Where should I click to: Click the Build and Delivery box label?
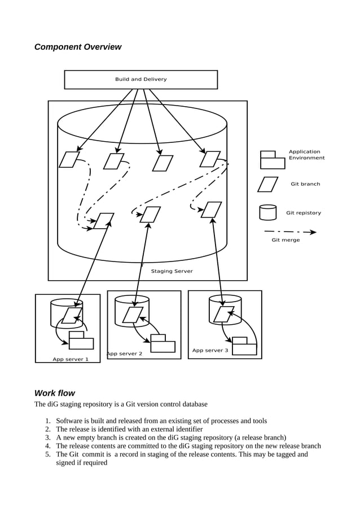pyautogui.click(x=141, y=80)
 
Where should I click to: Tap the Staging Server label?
pyautogui.click(x=172, y=271)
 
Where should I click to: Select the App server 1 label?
pyautogui.click(x=71, y=359)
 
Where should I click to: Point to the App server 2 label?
pyautogui.click(x=125, y=354)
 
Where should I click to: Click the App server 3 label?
pyautogui.click(x=210, y=350)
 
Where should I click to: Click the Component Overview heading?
pyautogui.click(x=78, y=47)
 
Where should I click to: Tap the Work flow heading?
pyautogui.click(x=54, y=393)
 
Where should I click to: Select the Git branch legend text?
pyautogui.click(x=305, y=184)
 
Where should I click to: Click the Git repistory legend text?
pyautogui.click(x=304, y=213)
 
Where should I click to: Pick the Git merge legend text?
pyautogui.click(x=286, y=240)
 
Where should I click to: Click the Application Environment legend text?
pyautogui.click(x=306, y=155)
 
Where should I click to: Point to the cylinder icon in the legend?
pyautogui.click(x=268, y=212)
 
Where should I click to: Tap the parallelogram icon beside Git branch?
pyautogui.click(x=268, y=185)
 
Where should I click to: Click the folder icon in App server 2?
pyautogui.click(x=163, y=344)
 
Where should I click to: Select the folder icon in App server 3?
pyautogui.click(x=244, y=346)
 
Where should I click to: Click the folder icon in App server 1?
pyautogui.click(x=81, y=341)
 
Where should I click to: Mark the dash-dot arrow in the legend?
pyautogui.click(x=290, y=232)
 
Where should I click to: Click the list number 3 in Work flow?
pyautogui.click(x=49, y=437)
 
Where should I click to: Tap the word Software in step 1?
pyautogui.click(x=69, y=421)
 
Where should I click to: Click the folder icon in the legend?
pyautogui.click(x=272, y=160)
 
